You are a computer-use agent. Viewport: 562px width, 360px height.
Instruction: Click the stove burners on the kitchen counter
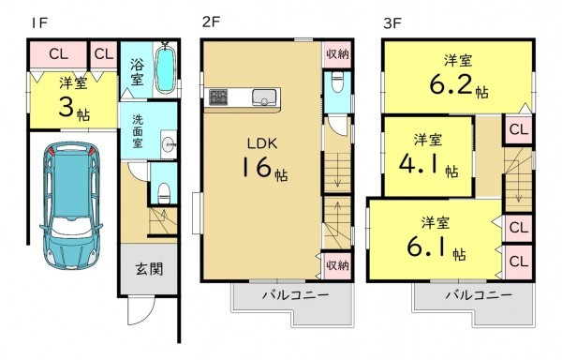[218, 96]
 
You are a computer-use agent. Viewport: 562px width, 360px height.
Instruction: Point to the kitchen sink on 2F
[262, 95]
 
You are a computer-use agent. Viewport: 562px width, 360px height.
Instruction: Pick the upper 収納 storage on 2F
[337, 54]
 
